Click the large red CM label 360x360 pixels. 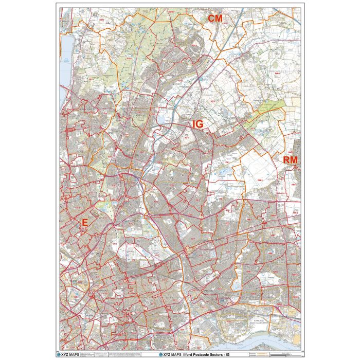214,19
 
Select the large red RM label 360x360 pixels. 290,160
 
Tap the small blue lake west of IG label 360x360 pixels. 163,119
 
